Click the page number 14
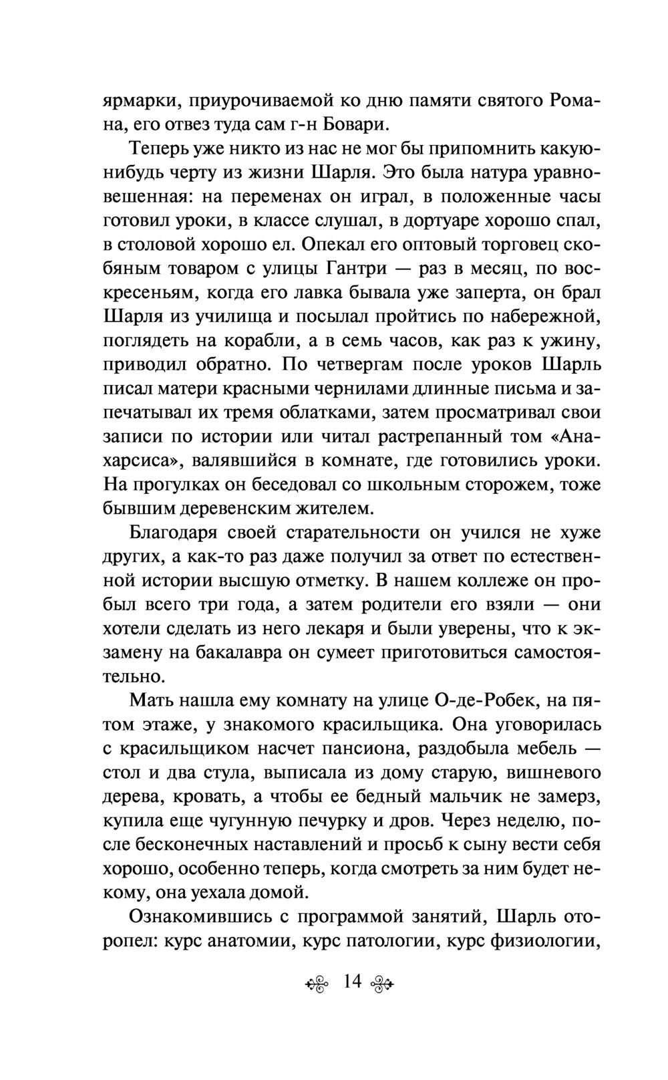[x=351, y=982]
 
